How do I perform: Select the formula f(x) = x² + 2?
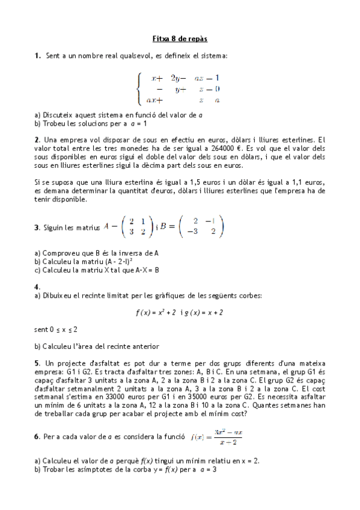154,313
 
